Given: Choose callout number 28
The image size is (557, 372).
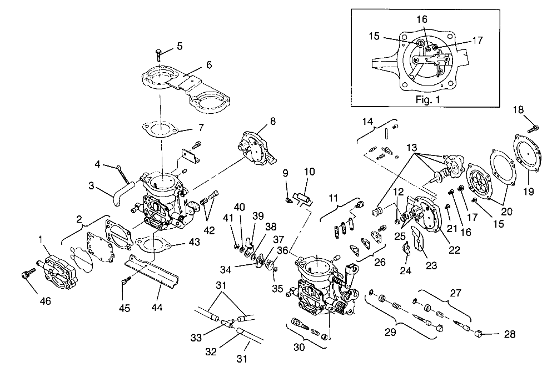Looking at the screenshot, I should click(x=509, y=334).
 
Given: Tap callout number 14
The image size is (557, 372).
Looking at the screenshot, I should click(x=367, y=121).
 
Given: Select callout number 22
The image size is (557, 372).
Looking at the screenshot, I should click(x=454, y=250).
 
